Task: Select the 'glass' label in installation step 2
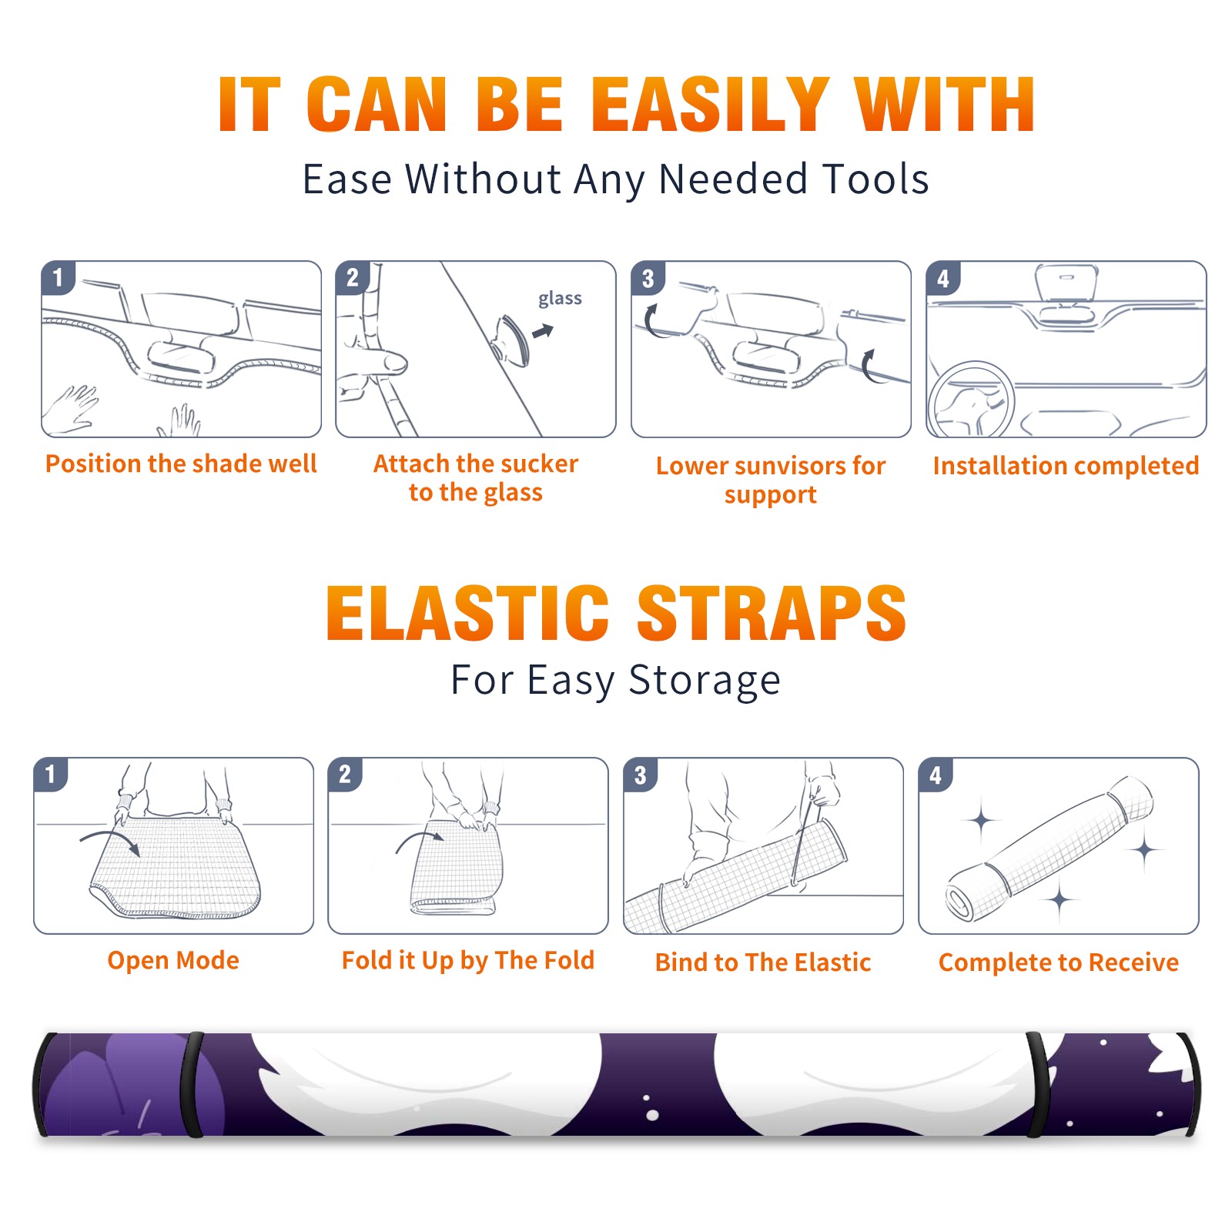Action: pyautogui.click(x=560, y=299)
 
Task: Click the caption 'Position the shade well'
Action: pyautogui.click(x=181, y=464)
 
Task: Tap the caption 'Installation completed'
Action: pyautogui.click(x=1066, y=465)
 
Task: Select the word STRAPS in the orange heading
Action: pyautogui.click(x=772, y=613)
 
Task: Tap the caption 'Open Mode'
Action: pyautogui.click(x=173, y=960)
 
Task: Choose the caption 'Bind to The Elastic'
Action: pyautogui.click(x=762, y=962)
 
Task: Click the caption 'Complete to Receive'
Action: pyautogui.click(x=1058, y=962)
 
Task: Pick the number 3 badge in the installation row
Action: pyautogui.click(x=648, y=278)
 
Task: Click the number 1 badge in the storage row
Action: pyautogui.click(x=51, y=774)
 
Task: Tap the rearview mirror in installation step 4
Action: pyautogui.click(x=1065, y=283)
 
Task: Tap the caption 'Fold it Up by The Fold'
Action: pyautogui.click(x=468, y=960)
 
